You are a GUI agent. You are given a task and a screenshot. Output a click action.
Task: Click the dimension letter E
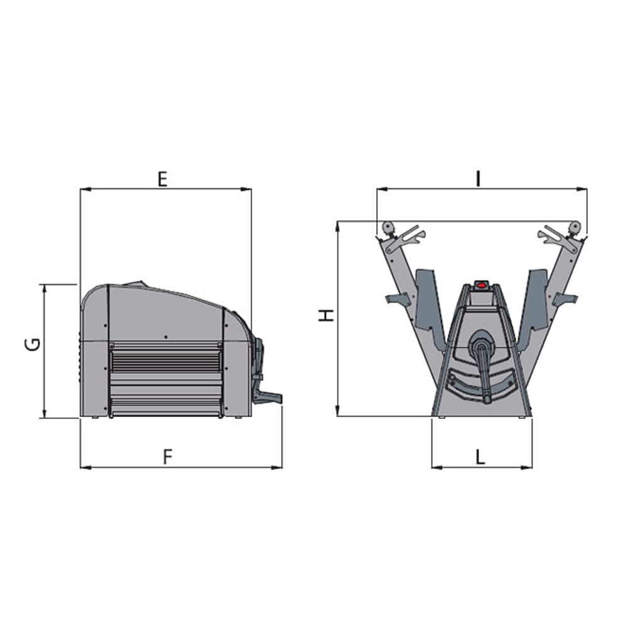click(x=162, y=179)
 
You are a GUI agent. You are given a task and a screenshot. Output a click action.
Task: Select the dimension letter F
click(x=168, y=457)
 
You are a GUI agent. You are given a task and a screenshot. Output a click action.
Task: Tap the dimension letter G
click(x=33, y=344)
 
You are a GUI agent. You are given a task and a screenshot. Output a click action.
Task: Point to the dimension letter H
click(x=327, y=316)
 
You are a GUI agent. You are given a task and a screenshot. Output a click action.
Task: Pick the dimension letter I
click(x=478, y=179)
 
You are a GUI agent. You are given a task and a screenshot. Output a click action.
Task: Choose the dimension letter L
click(x=480, y=457)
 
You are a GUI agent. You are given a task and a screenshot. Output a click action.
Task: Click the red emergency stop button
click(x=481, y=286)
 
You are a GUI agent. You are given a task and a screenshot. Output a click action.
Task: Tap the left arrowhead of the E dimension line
click(x=85, y=188)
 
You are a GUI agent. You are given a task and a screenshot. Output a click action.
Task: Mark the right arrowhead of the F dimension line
click(x=277, y=467)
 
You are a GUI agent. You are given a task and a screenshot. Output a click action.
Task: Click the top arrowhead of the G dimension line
click(x=45, y=289)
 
